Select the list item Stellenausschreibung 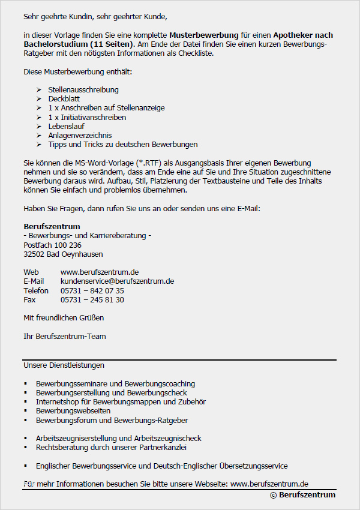click(83, 90)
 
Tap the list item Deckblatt click(64, 99)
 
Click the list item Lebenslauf click(67, 127)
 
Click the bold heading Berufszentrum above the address click(52, 227)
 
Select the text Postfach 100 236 click(52, 245)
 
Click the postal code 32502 click(34, 254)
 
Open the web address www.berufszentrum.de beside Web click(100, 272)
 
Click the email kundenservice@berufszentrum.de click(117, 281)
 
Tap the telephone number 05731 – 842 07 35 click(92, 291)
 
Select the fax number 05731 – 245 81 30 click(92, 300)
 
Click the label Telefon click(36, 291)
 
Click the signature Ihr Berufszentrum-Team click(64, 337)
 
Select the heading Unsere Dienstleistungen click(64, 365)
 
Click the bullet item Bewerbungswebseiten click(73, 411)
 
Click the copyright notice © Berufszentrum click(302, 495)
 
